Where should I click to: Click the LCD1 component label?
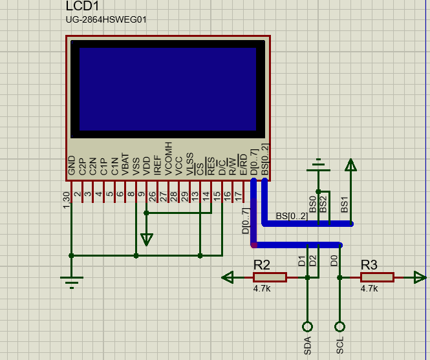click(82, 6)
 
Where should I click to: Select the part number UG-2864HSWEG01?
click(106, 19)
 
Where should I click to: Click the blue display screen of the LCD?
click(167, 88)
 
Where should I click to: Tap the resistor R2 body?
click(270, 277)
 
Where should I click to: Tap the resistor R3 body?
click(376, 277)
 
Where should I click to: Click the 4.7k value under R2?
click(262, 289)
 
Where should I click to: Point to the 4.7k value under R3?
click(369, 289)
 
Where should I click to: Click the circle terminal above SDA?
click(307, 326)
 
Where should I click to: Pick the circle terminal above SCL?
click(340, 326)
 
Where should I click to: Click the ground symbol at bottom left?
click(71, 281)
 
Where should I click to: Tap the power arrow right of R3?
click(420, 277)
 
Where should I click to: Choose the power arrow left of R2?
click(227, 277)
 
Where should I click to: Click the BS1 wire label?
click(345, 205)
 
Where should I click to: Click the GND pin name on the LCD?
click(71, 166)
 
